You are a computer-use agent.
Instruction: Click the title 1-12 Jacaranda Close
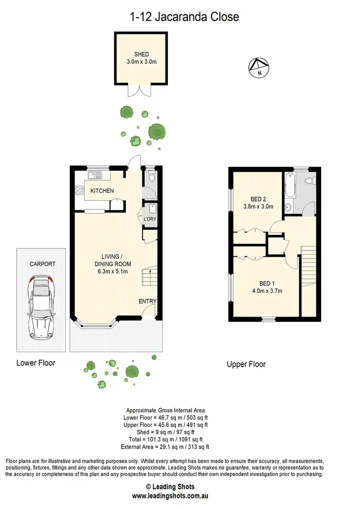pos(184,17)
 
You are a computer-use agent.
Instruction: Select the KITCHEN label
pos(102,191)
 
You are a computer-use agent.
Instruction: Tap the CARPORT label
pos(43,264)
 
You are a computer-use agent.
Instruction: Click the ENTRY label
pos(148,301)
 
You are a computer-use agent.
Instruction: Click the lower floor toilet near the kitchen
pos(151,178)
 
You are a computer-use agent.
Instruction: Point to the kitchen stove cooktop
pos(79,191)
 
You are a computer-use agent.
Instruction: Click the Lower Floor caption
pos(36,363)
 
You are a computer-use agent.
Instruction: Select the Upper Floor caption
pos(246,364)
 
